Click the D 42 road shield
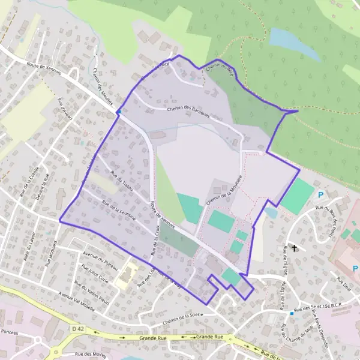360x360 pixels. coord(76,329)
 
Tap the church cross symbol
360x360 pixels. coord(294,247)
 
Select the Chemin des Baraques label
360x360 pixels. coord(188,112)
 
